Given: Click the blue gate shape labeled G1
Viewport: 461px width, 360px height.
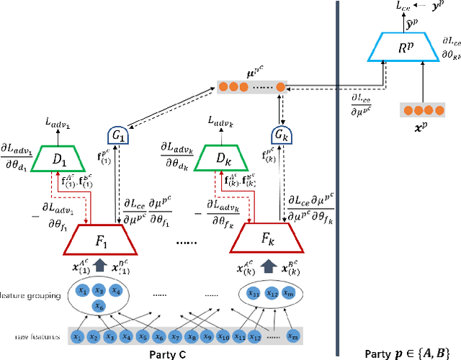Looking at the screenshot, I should click(x=116, y=134).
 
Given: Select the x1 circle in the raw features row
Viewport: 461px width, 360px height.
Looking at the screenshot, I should click(x=77, y=336).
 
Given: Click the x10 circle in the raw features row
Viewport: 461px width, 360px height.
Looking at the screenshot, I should click(x=224, y=336).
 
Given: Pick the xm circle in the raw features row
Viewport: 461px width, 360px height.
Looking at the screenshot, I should click(x=292, y=336).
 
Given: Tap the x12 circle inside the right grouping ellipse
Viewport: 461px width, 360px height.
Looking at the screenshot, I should click(x=272, y=293).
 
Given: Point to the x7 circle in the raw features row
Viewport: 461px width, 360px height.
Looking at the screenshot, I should click(x=176, y=336).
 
